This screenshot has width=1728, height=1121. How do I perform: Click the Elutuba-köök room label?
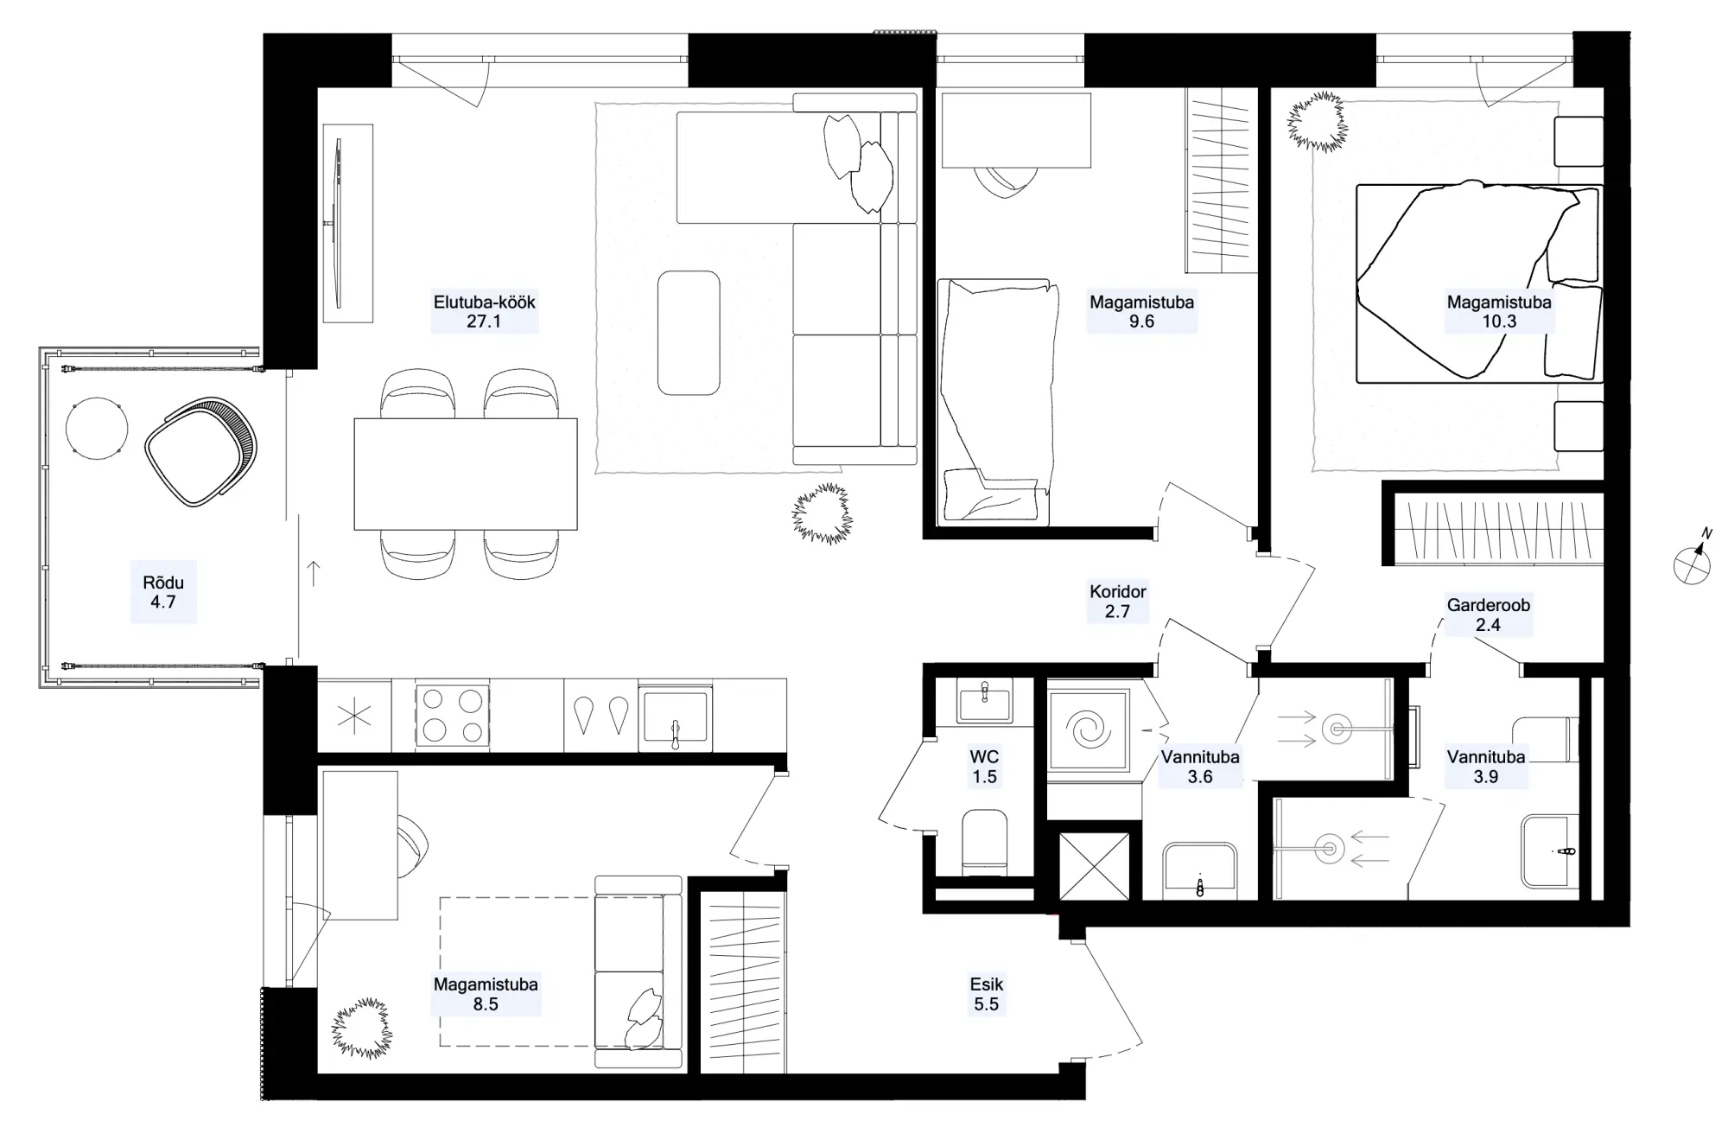[485, 303]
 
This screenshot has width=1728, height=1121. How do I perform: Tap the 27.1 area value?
[484, 322]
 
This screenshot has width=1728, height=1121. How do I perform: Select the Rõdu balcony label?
[163, 582]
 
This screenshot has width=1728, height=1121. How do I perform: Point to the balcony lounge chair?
[201, 451]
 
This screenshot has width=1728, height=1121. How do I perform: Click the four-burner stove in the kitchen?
[453, 715]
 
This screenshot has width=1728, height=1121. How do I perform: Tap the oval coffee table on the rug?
[689, 334]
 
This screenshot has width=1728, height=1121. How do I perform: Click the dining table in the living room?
[466, 474]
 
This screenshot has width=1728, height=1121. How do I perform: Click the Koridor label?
[1118, 592]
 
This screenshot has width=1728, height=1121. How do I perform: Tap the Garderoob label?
[1489, 605]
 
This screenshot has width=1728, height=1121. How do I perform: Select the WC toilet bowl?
[985, 842]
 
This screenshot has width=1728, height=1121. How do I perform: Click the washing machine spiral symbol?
[1089, 730]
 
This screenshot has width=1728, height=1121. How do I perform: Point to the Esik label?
[987, 984]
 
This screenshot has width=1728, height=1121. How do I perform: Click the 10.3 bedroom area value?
[1499, 322]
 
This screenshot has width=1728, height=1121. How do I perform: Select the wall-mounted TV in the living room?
[338, 223]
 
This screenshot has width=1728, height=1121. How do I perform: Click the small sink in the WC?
[984, 700]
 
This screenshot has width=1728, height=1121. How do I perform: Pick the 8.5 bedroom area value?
[486, 1004]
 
